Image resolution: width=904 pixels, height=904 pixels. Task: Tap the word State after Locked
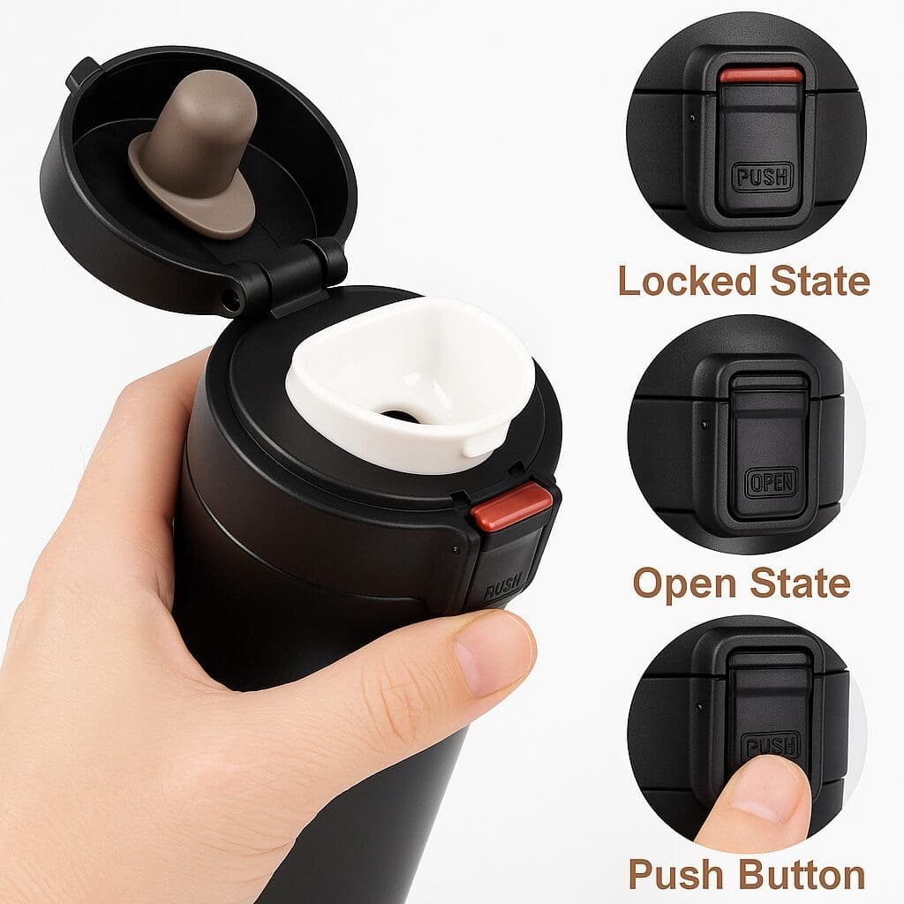pyautogui.click(x=820, y=281)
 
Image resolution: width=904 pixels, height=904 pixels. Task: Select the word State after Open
pyautogui.click(x=800, y=583)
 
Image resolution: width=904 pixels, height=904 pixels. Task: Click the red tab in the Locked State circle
pyautogui.click(x=760, y=76)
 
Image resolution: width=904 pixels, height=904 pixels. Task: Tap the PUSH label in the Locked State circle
pyautogui.click(x=762, y=177)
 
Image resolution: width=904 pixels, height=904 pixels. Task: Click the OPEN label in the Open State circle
pyautogui.click(x=771, y=483)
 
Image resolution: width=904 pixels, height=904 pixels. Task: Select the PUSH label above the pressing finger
pyautogui.click(x=771, y=746)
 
